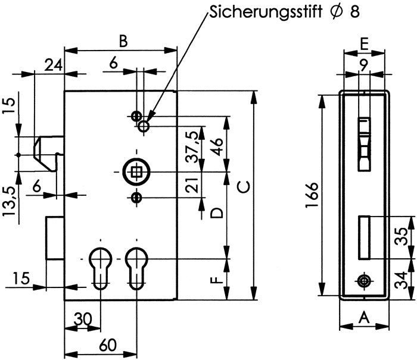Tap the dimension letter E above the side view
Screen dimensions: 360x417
coord(364,45)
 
